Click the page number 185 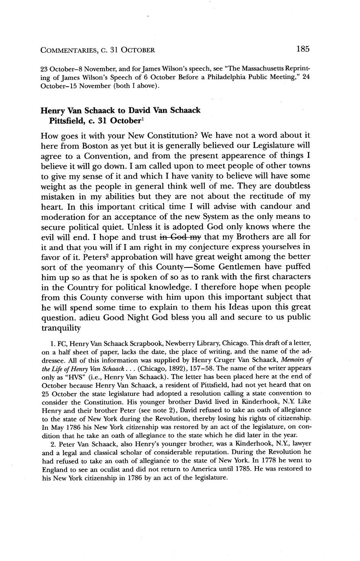tap(303, 49)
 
